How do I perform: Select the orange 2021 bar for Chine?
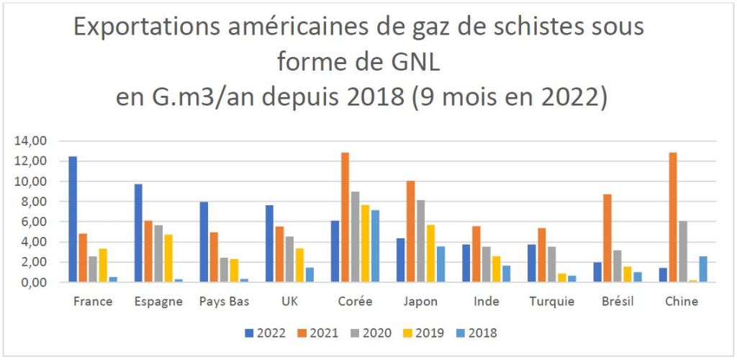click(x=672, y=217)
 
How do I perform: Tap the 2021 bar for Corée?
click(x=345, y=217)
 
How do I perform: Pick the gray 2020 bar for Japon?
click(x=420, y=240)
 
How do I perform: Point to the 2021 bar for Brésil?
click(x=607, y=238)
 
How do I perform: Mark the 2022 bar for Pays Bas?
click(x=204, y=242)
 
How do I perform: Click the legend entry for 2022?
click(x=267, y=333)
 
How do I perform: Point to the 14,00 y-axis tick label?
click(x=30, y=141)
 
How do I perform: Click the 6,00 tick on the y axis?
click(x=32, y=222)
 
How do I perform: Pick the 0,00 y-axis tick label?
click(x=32, y=282)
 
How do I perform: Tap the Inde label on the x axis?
click(x=486, y=302)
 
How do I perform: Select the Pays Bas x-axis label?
click(x=224, y=302)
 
